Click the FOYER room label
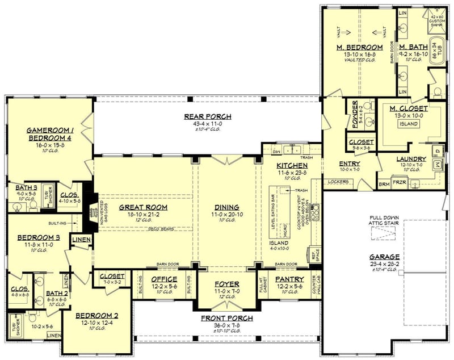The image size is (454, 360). (227, 283)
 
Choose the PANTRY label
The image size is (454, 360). (289, 279)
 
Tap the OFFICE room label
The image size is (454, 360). (164, 279)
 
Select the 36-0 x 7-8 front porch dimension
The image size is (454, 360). (227, 325)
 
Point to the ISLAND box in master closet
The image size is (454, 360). (408, 124)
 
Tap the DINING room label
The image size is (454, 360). (227, 207)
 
